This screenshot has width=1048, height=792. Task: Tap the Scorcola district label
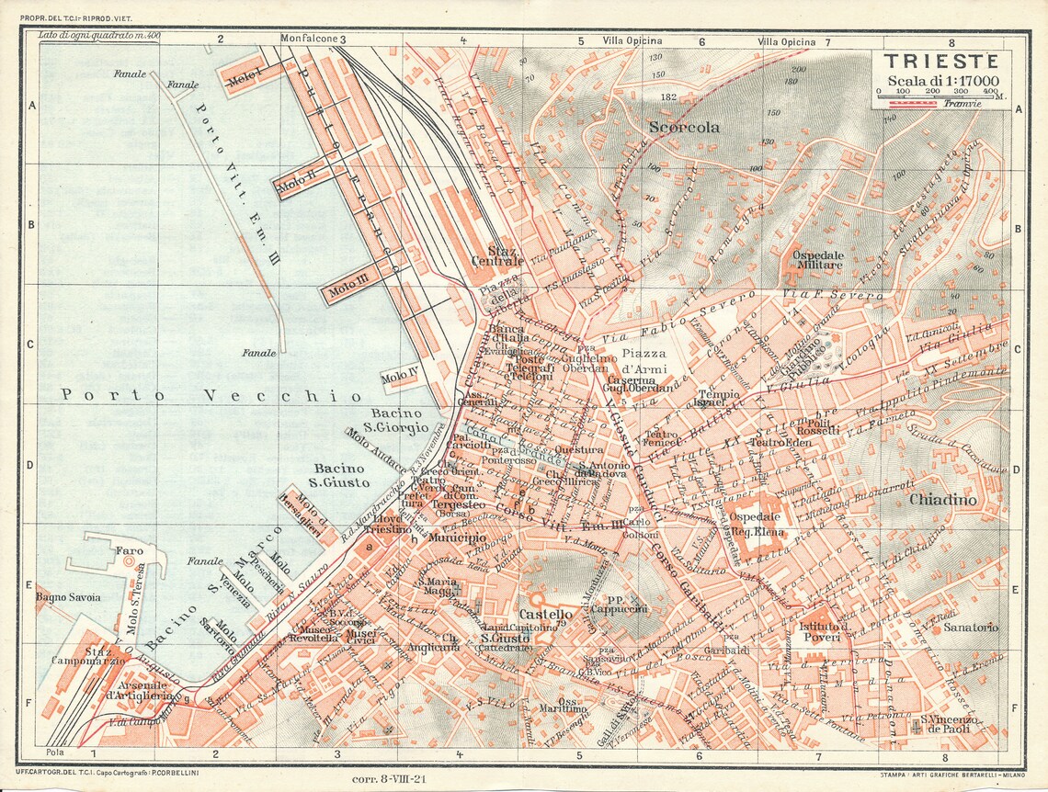click(684, 127)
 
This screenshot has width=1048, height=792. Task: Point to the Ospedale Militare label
click(818, 259)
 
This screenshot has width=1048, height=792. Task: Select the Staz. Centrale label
click(496, 255)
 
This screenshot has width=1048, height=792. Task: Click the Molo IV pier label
click(402, 378)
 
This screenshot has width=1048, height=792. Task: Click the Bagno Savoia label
click(69, 597)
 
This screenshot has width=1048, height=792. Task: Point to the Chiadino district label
click(942, 501)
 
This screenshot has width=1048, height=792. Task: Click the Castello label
click(546, 614)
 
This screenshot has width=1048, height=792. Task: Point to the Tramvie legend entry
click(962, 104)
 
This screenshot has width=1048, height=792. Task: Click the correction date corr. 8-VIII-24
click(391, 778)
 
